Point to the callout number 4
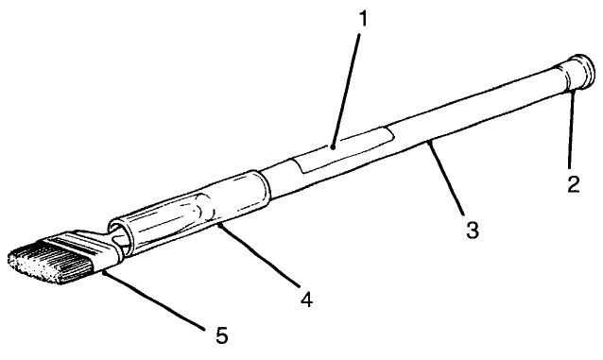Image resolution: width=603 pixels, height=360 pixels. pyautogui.click(x=305, y=301)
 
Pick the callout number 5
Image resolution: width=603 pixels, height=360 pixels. pyautogui.click(x=219, y=334)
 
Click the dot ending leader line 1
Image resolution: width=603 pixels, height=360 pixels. pyautogui.click(x=334, y=146)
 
